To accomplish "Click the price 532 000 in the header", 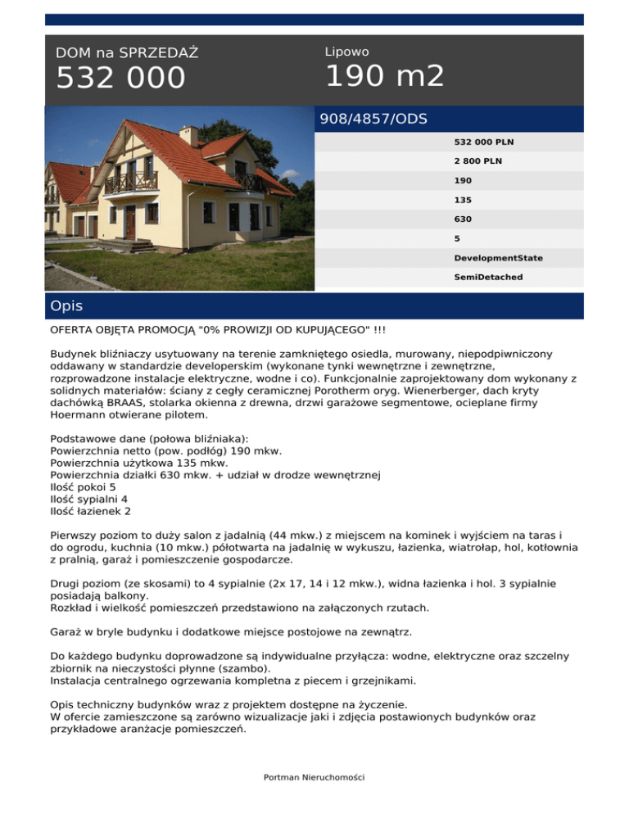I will [120, 79].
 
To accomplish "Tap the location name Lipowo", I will [346, 52].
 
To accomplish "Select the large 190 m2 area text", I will [385, 76].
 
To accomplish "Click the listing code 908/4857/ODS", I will [373, 119].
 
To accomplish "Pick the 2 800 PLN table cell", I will [478, 161].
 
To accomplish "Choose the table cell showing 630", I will [463, 219].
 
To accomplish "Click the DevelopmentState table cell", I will [498, 258].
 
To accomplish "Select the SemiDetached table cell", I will [489, 278].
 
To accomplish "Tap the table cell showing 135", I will [463, 200].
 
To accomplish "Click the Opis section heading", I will [66, 306].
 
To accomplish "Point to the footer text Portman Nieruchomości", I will [314, 776].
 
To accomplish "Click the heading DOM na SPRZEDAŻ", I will [127, 53].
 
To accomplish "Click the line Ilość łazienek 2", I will [91, 511].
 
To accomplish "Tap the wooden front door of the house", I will [130, 222].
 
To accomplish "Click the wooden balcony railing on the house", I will [131, 181].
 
